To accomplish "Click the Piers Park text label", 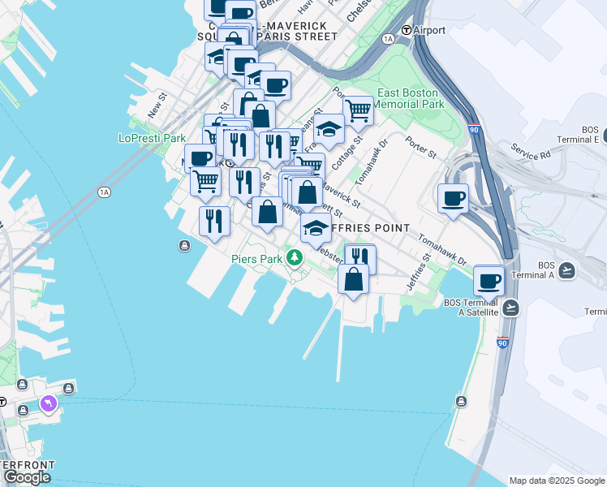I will (256, 259).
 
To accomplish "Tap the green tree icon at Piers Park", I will (295, 259).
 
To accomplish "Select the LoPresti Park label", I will (152, 138).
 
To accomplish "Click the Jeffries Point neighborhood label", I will (373, 228).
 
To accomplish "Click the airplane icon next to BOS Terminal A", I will (566, 270).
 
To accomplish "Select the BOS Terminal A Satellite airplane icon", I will (510, 308).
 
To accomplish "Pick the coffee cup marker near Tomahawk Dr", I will (454, 197).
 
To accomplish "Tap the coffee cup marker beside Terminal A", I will (489, 281).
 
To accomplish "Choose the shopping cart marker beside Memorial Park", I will (358, 110).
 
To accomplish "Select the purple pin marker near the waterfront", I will (48, 403).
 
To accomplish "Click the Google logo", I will (27, 477).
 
